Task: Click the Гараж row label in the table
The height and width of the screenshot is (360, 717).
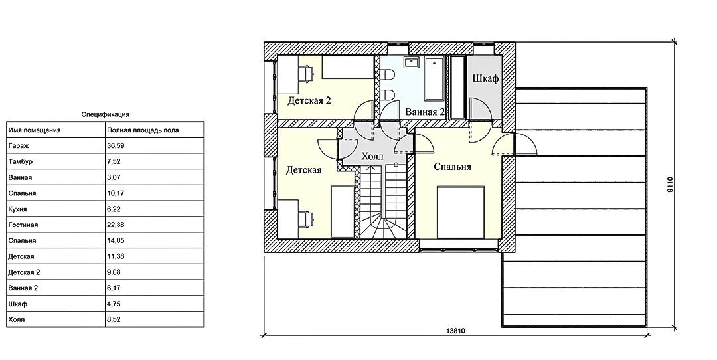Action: coord(17,146)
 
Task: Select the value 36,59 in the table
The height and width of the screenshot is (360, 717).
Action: coord(116,146)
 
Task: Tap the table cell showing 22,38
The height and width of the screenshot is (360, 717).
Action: coord(116,225)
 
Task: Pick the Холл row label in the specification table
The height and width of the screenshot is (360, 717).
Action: coord(17,319)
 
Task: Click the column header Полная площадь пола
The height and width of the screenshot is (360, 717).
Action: coord(143,130)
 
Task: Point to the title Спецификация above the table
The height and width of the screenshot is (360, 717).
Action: coord(105,114)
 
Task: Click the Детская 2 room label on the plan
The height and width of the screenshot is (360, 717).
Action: coord(309,100)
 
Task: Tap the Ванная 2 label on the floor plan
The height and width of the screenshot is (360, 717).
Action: coord(425,112)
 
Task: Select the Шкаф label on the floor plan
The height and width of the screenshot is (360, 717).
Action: coord(485,78)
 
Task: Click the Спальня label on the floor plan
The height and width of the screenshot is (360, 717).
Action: coord(452,167)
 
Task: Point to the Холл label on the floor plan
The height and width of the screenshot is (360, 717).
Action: coord(372,157)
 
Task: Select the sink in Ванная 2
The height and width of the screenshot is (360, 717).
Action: coord(412,62)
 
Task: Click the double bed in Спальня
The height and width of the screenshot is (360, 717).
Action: coord(461,212)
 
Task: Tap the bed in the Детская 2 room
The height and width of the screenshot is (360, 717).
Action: coord(349,67)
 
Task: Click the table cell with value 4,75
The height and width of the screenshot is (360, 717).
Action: coord(114,304)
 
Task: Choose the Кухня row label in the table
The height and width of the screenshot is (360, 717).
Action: coord(17,209)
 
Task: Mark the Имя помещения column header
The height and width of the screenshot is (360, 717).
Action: coord(35,130)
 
